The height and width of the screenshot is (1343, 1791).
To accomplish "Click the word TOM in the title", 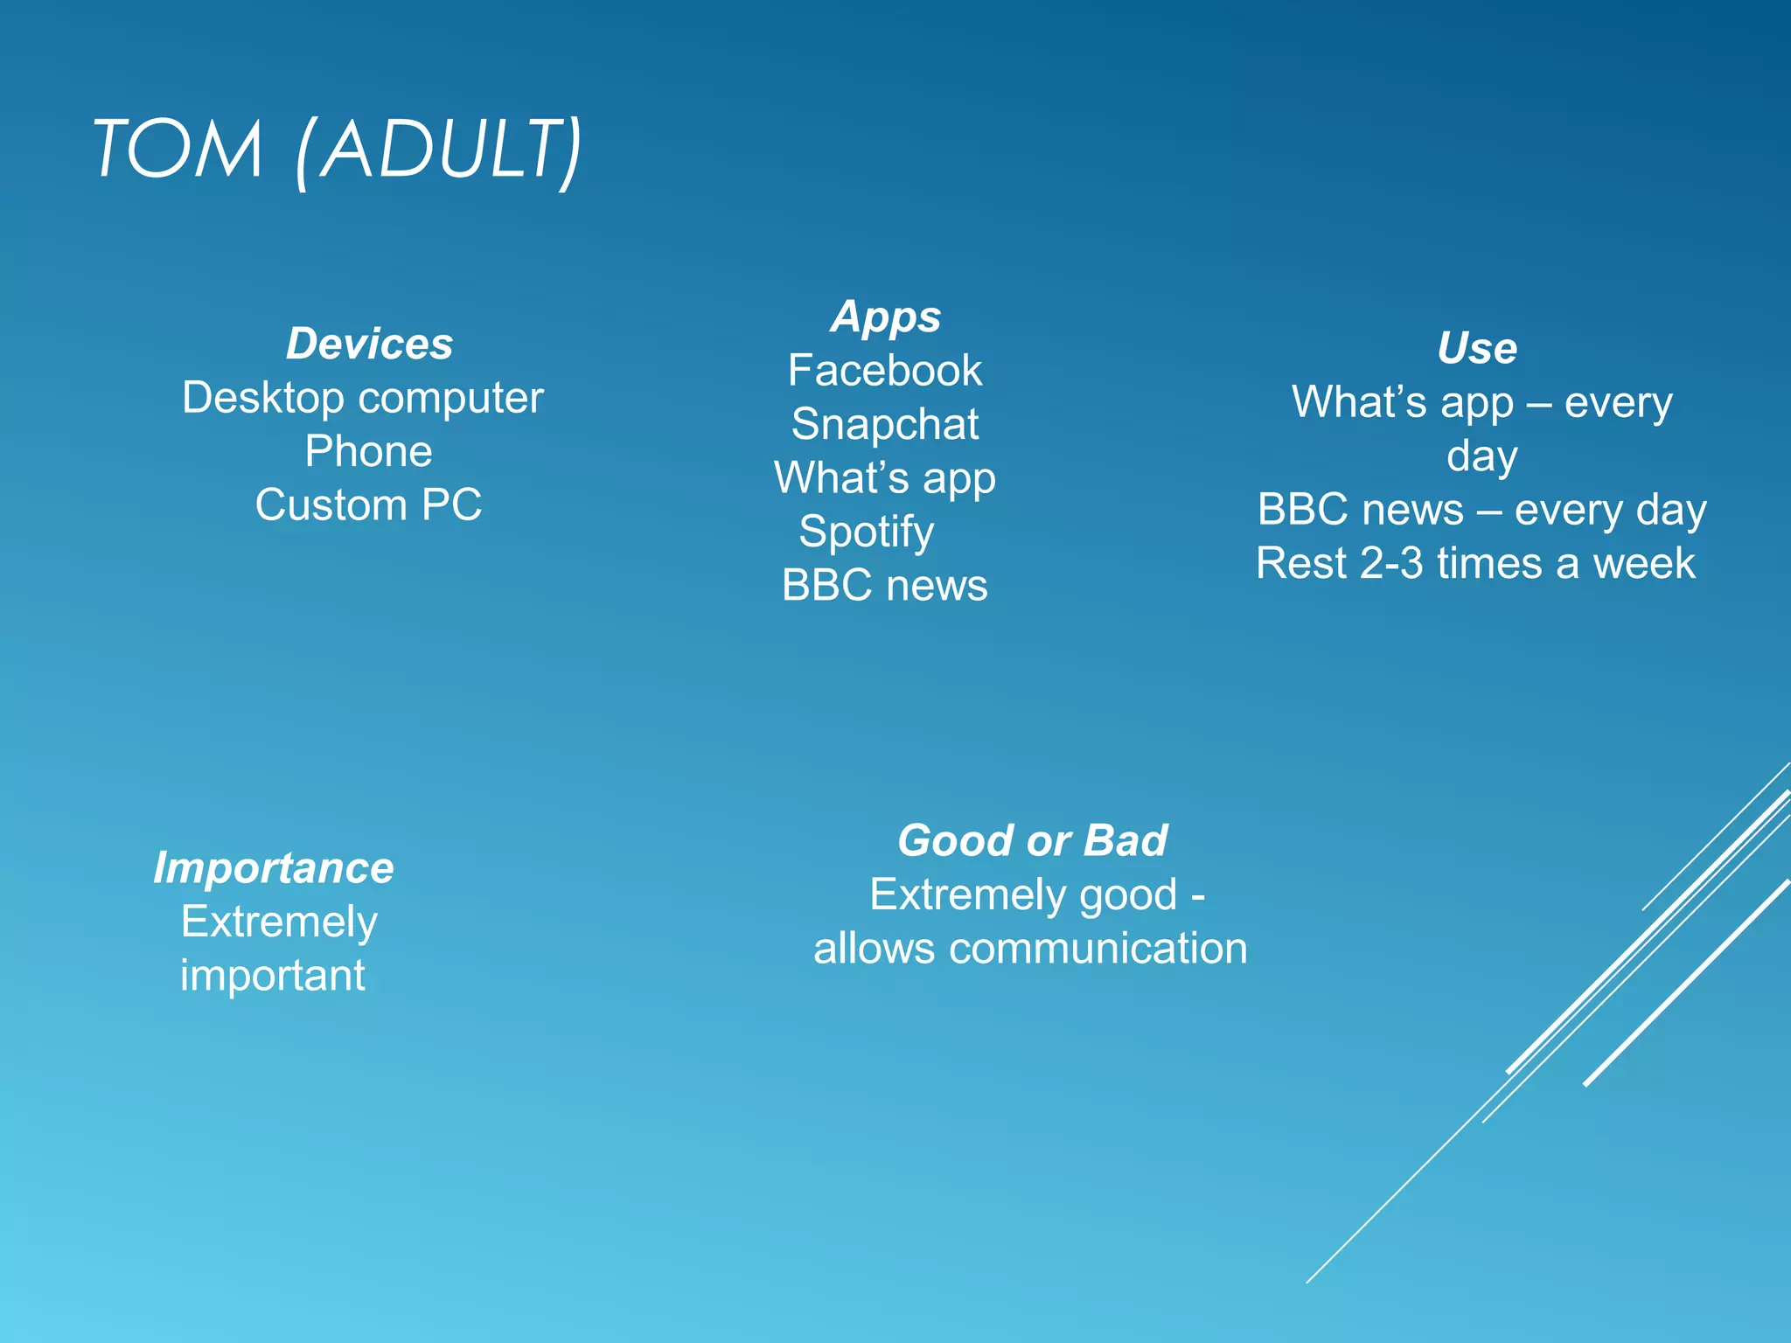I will [178, 150].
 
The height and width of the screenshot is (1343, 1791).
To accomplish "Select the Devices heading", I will [369, 344].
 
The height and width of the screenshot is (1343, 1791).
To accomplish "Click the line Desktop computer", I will [363, 399].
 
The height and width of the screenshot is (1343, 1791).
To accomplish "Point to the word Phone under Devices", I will [368, 452].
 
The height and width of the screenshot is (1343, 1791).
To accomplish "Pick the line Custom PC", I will [368, 505].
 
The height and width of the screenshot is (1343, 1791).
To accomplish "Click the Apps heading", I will [885, 317].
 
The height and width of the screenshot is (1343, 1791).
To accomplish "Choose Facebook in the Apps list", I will [885, 371].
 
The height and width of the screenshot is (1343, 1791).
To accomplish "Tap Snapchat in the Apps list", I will [885, 425].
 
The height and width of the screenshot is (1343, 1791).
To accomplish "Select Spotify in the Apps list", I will [866, 532].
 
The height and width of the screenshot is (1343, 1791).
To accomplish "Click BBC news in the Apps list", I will [885, 586].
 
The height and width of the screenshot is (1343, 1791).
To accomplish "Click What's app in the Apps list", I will [885, 478].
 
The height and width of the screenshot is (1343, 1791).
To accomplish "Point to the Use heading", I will [1477, 348].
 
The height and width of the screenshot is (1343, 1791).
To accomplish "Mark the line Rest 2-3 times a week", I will [1475, 564].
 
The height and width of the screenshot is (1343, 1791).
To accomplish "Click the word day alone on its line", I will [1481, 456].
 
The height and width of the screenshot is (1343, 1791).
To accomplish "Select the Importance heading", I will [274, 868].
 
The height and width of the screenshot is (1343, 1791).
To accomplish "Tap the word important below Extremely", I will [273, 976].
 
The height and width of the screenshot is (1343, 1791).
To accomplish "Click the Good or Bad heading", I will [1032, 841].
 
